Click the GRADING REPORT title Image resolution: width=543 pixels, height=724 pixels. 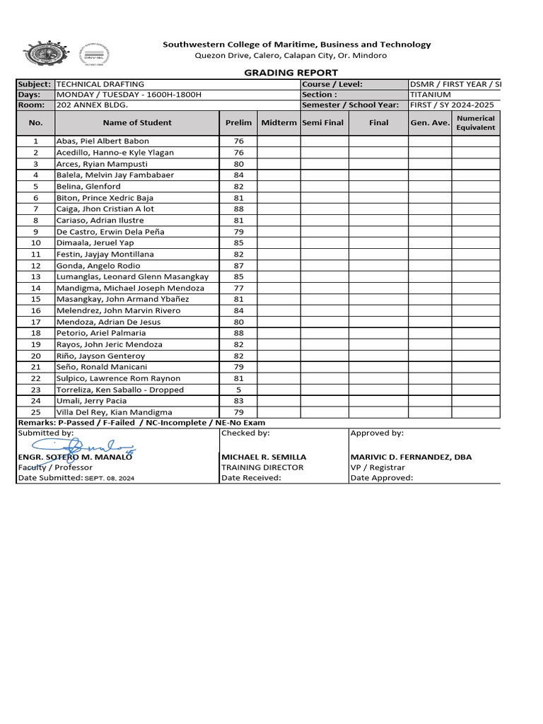(291, 73)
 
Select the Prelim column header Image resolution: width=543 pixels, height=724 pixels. (238, 123)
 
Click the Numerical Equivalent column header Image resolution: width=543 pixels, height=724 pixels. (476, 123)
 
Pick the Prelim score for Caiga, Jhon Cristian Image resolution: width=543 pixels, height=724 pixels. (238, 209)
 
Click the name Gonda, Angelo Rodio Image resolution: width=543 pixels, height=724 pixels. (90, 265)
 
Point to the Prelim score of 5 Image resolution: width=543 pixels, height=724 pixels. (238, 390)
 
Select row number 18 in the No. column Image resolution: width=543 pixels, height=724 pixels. (36, 333)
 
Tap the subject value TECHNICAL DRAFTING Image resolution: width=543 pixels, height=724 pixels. (100, 84)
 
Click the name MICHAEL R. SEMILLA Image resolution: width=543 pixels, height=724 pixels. (264, 457)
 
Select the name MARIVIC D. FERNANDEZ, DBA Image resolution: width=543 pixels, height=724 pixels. (411, 457)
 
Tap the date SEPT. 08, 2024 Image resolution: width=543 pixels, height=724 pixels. (110, 479)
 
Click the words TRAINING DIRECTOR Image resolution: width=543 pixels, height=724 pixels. (262, 467)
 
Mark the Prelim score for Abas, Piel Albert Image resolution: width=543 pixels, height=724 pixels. (238, 141)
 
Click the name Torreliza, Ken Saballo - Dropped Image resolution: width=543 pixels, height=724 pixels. (119, 390)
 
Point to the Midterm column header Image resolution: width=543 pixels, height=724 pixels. (279, 123)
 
